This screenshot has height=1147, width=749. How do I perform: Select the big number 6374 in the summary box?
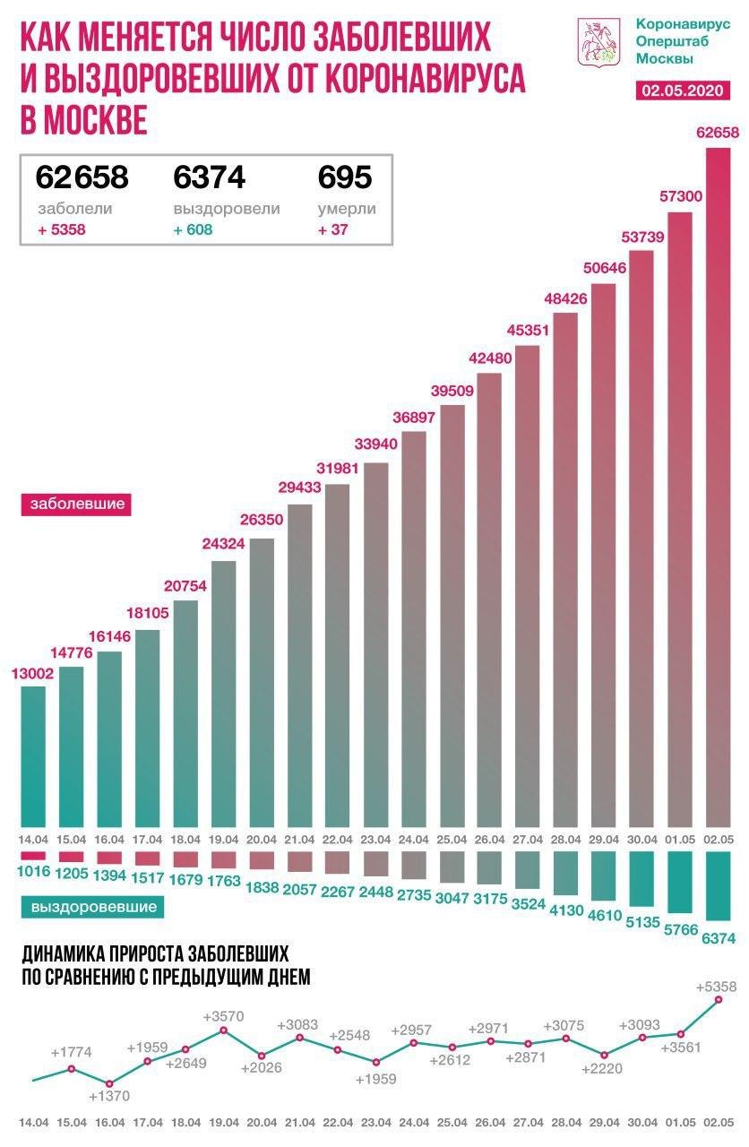(x=209, y=177)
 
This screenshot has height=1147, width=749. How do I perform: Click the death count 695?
(x=345, y=177)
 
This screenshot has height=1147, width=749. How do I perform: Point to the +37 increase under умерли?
(x=333, y=229)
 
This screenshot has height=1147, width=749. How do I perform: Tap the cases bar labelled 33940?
(x=375, y=644)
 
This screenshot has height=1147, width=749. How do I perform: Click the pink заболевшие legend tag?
(x=76, y=504)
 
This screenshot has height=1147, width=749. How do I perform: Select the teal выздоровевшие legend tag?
(x=93, y=907)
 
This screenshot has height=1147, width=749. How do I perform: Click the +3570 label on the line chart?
(x=223, y=1017)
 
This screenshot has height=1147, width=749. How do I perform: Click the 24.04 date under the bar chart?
(x=413, y=839)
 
